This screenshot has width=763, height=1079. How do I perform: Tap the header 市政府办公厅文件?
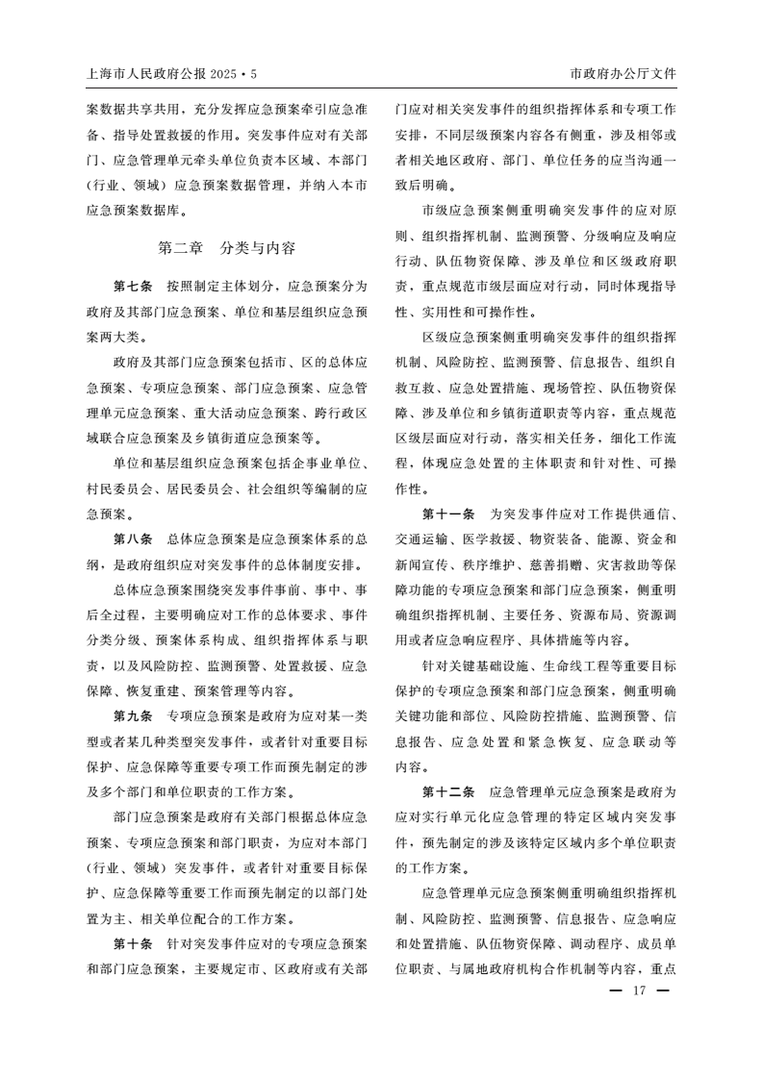[623, 73]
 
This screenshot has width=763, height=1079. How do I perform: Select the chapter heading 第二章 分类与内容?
[226, 248]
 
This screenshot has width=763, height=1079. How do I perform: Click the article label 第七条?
[132, 287]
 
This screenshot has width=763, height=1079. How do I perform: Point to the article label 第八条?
[132, 539]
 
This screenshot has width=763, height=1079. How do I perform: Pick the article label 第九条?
[132, 715]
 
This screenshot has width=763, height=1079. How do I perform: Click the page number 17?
[637, 992]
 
